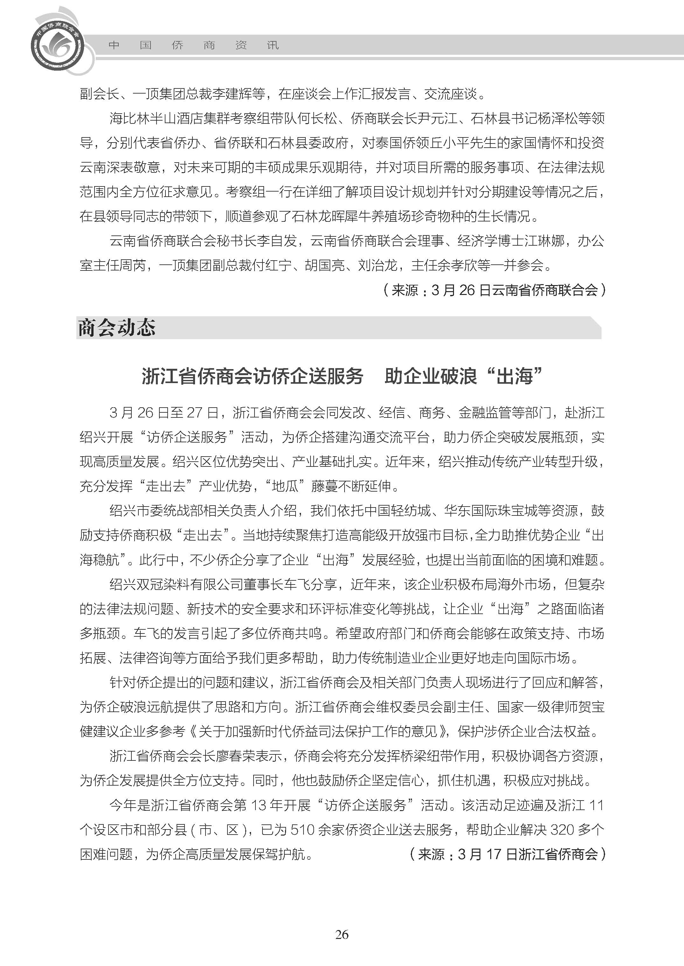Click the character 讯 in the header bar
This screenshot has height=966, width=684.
[x=273, y=45]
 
